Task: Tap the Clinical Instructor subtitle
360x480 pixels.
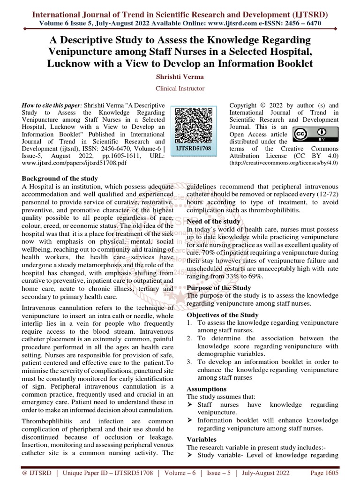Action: [180, 88]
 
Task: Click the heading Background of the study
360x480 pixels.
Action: [60, 179]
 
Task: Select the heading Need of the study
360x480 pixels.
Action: [214, 221]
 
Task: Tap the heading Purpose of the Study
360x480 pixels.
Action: [219, 288]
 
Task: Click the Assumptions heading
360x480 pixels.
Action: [207, 389]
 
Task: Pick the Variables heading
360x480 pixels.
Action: [202, 440]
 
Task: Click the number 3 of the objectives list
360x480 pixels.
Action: [189, 362]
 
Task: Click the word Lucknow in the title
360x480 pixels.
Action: [69, 63]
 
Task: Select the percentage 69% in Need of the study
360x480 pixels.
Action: [255, 277]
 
